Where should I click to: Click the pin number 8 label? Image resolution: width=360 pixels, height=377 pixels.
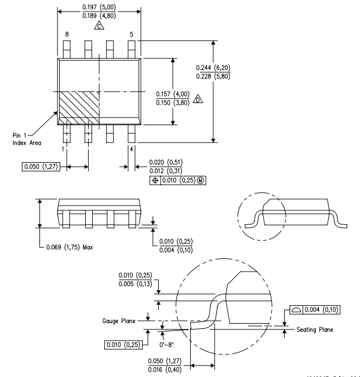click(x=67, y=35)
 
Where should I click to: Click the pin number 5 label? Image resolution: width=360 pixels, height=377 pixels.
click(x=131, y=35)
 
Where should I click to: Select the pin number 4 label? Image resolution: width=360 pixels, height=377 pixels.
click(x=132, y=149)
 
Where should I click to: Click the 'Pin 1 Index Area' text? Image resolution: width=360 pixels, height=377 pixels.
click(x=26, y=140)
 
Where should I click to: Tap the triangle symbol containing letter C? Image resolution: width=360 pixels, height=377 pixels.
click(x=100, y=26)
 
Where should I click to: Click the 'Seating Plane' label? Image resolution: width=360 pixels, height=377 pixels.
click(x=314, y=330)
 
